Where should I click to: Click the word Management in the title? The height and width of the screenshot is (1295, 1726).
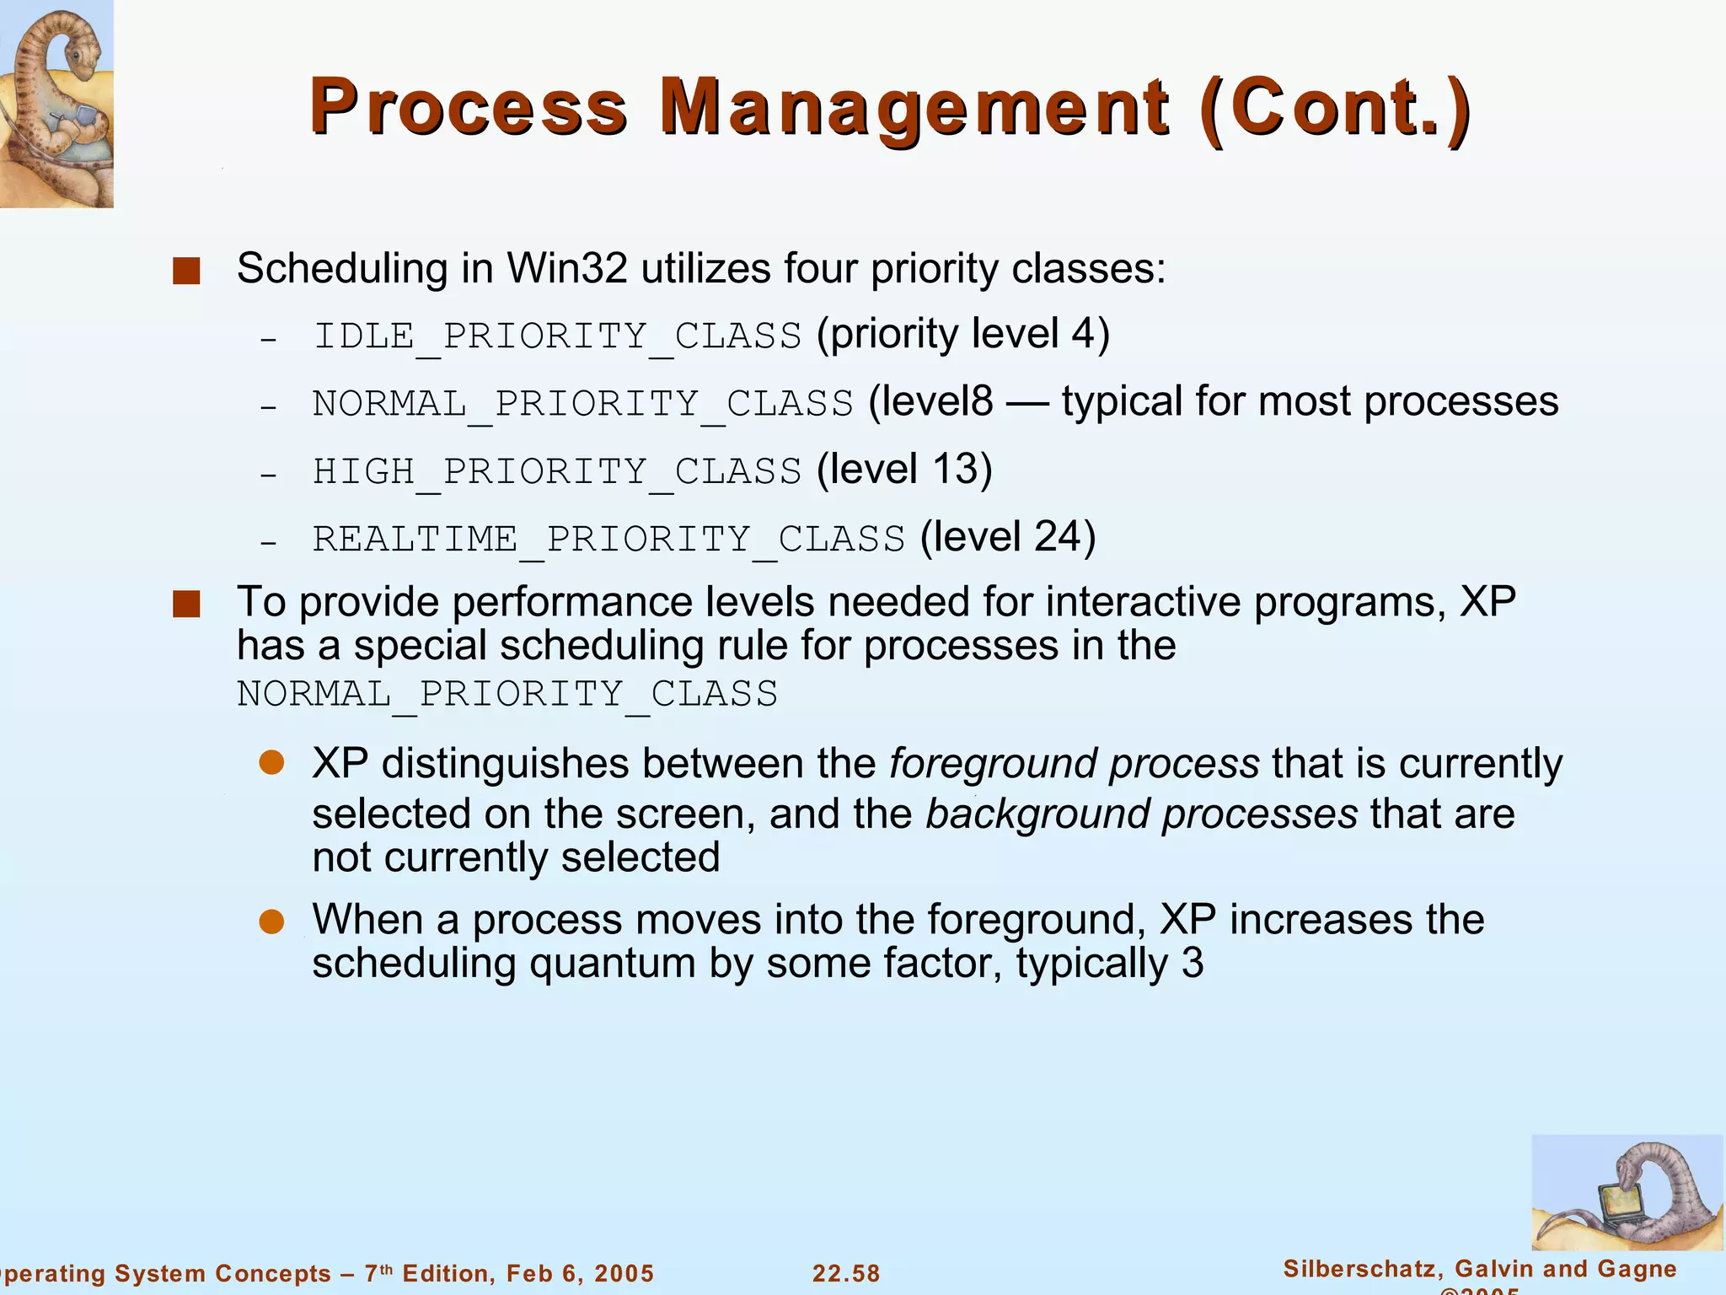click(914, 108)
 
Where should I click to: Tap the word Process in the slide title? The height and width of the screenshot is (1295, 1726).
click(469, 108)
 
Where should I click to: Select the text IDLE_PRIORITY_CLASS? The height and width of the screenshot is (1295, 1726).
click(557, 336)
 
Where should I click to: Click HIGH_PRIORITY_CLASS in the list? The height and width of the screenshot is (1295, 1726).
click(557, 471)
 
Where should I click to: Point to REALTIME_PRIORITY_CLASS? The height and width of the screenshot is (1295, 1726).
click(608, 539)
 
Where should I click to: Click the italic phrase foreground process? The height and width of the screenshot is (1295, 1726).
click(1074, 764)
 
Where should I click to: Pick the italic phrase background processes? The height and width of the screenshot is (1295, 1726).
click(1141, 814)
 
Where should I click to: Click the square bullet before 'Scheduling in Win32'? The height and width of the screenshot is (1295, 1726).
click(186, 271)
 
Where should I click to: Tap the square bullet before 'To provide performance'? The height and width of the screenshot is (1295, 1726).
click(186, 605)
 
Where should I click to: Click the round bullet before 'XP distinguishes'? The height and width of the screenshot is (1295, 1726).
click(271, 763)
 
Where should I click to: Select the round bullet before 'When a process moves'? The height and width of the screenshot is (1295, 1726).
click(271, 922)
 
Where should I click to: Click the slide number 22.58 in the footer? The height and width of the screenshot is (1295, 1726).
click(846, 1273)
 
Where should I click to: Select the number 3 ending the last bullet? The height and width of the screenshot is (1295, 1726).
click(1192, 964)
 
